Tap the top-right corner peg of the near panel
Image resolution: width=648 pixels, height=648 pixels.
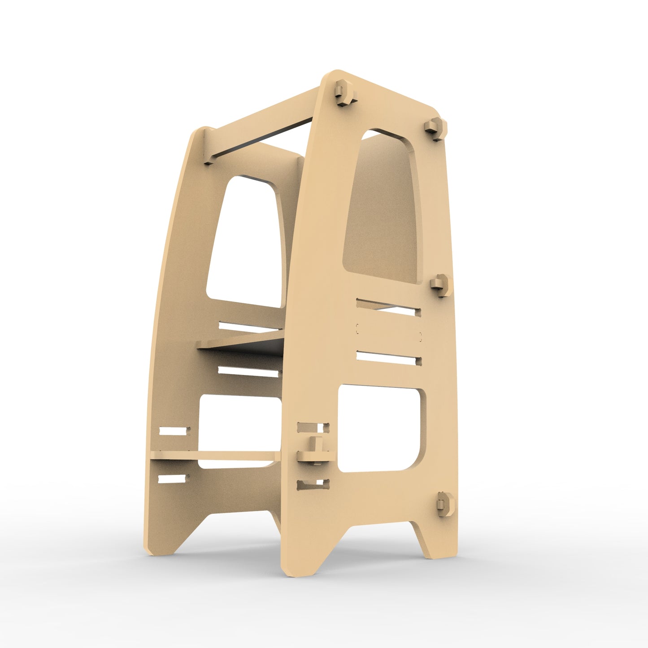point(436,128)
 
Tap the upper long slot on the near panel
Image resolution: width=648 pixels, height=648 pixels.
point(388,307)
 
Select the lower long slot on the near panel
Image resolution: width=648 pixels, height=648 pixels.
point(388,357)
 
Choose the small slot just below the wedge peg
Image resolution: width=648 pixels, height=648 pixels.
point(313,484)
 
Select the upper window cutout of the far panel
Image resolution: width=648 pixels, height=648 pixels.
point(244,242)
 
